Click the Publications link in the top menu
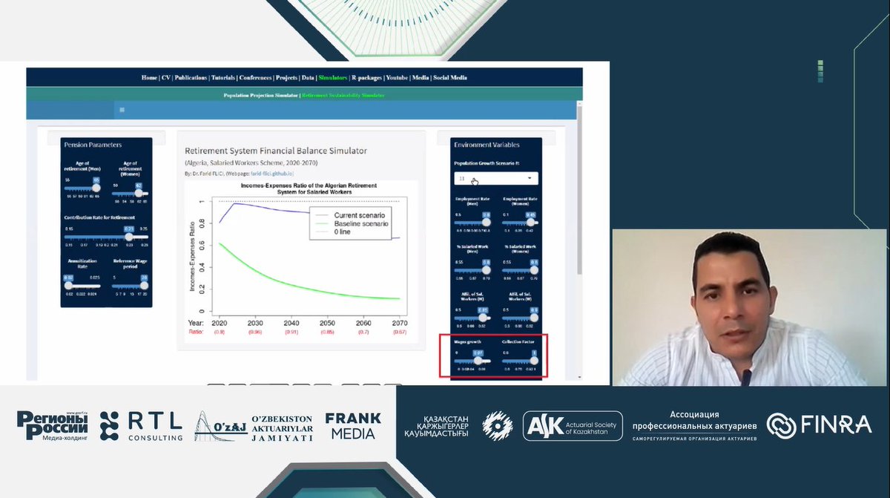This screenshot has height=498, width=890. coord(191,77)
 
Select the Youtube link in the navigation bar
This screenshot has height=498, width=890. coord(397,77)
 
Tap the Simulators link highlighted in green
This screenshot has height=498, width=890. coord(333,77)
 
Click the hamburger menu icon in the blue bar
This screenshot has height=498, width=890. coord(122,110)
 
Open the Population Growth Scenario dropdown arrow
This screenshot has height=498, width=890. coord(530,179)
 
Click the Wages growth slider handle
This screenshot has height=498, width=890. coord(478,361)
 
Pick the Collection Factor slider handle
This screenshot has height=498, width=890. coord(534,361)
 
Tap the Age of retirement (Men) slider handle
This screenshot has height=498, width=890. coord(96,188)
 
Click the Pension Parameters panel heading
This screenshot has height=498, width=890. coord(93,145)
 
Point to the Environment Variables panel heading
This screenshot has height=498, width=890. coord(487,145)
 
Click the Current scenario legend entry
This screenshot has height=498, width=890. coord(360,214)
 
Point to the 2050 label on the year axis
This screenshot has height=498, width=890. coord(327,323)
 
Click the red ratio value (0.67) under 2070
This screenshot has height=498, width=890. coord(400,332)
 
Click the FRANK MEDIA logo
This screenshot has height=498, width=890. coord(353,425)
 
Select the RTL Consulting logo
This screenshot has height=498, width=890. coord(141,425)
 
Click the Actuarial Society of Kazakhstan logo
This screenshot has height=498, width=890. coord(573,426)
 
